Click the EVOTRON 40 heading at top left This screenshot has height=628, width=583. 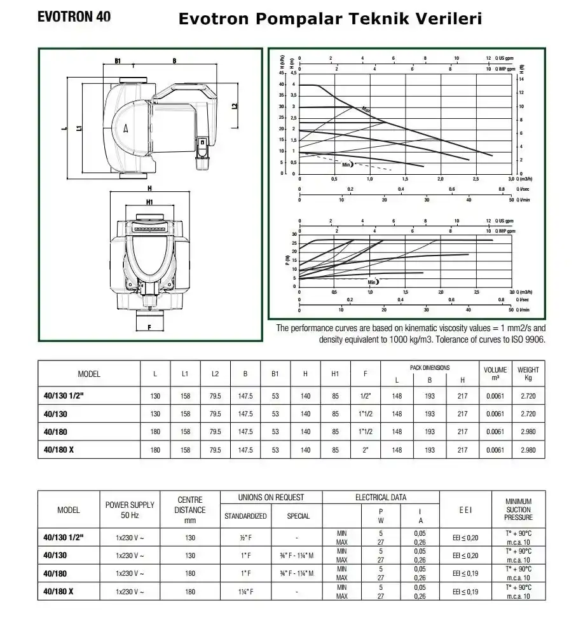click(x=74, y=17)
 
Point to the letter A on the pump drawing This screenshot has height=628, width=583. click(x=126, y=128)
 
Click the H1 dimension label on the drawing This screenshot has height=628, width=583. click(x=149, y=201)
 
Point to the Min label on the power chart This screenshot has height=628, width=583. click(x=373, y=282)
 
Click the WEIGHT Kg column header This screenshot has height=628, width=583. click(x=528, y=373)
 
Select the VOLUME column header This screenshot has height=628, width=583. click(x=495, y=373)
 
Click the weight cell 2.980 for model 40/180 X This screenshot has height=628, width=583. click(x=528, y=450)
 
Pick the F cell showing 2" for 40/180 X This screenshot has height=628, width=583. click(x=366, y=450)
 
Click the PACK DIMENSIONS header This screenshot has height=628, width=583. click(x=430, y=367)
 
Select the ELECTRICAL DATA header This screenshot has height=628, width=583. click(x=380, y=497)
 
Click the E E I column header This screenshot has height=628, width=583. click(x=465, y=510)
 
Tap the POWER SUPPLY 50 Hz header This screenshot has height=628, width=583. click(x=130, y=510)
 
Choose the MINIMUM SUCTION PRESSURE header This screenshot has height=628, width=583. click(x=518, y=509)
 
